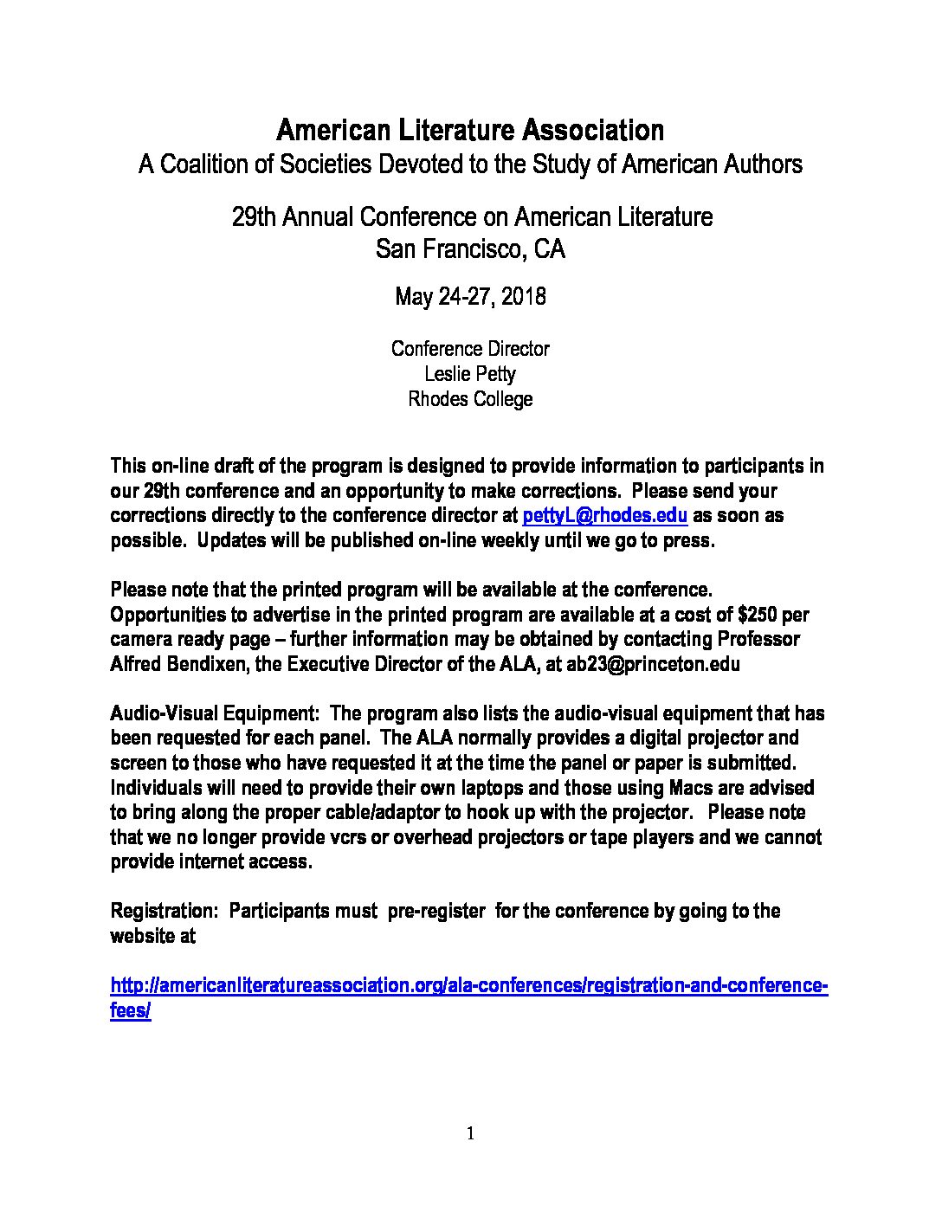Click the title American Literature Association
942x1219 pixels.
coord(470,131)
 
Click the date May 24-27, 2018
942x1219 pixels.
coord(470,298)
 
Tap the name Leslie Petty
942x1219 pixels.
coord(470,374)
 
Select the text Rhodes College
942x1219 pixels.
coord(470,399)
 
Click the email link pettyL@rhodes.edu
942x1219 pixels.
coord(605,516)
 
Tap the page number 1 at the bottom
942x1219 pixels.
coord(470,1134)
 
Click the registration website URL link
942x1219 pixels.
coord(470,986)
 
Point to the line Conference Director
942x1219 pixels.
coord(470,349)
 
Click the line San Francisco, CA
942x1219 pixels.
coord(470,250)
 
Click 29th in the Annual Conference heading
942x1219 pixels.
coord(252,216)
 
